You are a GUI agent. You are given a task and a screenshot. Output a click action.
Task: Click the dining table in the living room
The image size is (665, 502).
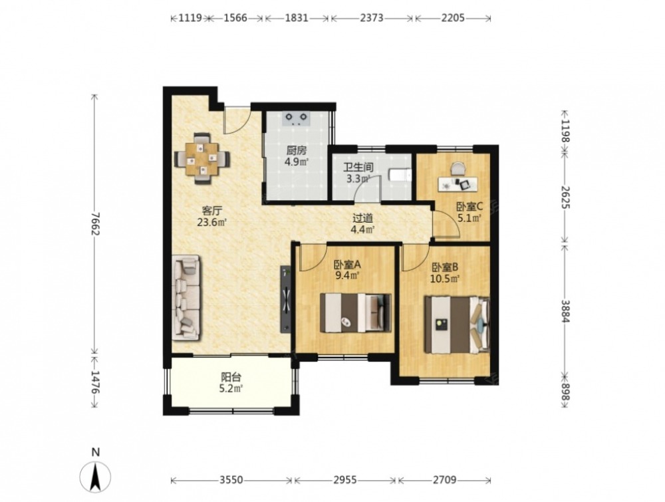(202, 158)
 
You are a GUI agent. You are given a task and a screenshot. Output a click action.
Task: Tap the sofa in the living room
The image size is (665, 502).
(186, 297)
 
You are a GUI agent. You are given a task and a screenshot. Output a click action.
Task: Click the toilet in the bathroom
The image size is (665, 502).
(400, 176)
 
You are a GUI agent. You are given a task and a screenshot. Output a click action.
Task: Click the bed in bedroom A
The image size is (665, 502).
(355, 313)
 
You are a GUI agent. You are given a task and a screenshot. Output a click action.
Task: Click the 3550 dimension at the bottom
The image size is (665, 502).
(231, 480)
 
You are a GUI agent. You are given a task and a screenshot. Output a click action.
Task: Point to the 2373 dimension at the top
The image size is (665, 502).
(372, 18)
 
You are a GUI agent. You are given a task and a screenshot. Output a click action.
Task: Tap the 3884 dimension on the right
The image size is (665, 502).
(565, 311)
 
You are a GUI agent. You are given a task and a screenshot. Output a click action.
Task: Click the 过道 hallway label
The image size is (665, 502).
(363, 218)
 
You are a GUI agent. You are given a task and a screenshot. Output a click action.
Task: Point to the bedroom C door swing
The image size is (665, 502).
(446, 222)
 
